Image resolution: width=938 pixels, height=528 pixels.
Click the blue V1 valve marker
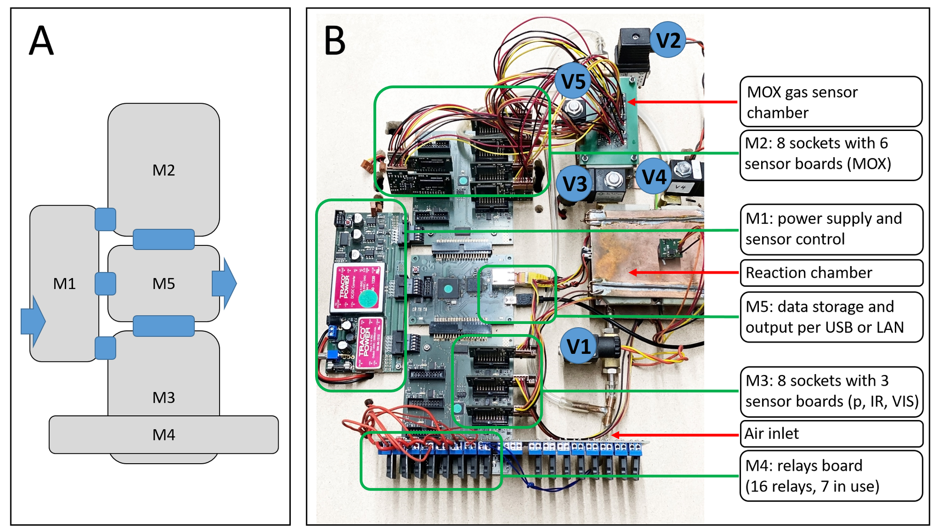(579, 346)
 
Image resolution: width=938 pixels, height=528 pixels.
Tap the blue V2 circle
(668, 40)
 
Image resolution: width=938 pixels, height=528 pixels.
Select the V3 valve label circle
(575, 184)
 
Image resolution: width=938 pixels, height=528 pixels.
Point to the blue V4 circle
(654, 177)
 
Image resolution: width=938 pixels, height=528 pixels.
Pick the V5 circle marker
(573, 81)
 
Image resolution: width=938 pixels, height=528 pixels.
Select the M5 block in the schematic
(164, 283)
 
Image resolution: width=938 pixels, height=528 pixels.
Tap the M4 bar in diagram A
(164, 435)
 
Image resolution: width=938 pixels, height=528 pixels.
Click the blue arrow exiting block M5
(225, 283)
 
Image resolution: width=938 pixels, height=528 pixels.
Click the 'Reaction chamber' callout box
(831, 273)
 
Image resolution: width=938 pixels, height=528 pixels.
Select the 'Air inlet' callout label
(831, 434)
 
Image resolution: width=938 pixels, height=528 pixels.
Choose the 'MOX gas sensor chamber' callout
(831, 102)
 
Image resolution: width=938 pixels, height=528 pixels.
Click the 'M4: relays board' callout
(831, 476)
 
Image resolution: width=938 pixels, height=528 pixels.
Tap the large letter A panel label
(41, 41)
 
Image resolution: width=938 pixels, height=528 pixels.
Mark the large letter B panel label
(335, 41)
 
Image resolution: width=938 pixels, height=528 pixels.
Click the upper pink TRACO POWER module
(358, 286)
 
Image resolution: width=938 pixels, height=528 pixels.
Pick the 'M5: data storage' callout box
(831, 317)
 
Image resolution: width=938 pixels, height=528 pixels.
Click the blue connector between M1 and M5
(105, 283)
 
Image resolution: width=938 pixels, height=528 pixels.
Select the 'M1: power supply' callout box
(831, 229)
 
